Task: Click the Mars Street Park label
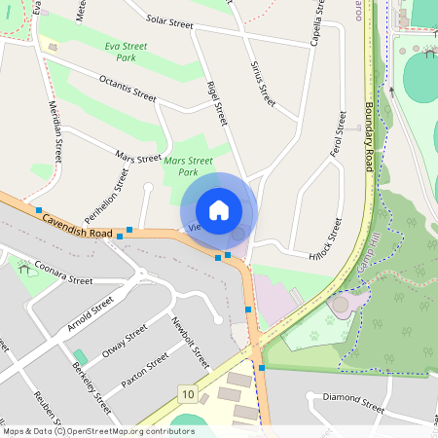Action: click(x=188, y=166)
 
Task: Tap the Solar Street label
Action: click(x=169, y=19)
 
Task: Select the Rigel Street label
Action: click(x=216, y=102)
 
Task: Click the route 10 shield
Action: click(x=187, y=394)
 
